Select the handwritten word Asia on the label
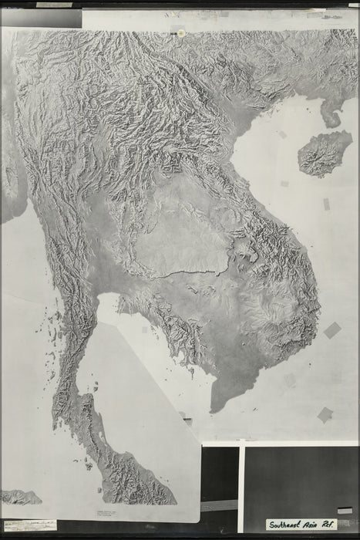tap(318, 524)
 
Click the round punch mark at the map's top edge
tap(181, 33)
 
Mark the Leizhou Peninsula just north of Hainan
tap(331, 116)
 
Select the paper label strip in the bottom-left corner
tap(29, 525)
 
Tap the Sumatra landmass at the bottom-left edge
tap(19, 497)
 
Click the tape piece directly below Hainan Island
tap(325, 204)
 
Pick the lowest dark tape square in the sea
tap(325, 414)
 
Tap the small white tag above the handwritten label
tap(345, 510)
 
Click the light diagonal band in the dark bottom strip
tap(220, 505)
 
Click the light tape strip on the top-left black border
tap(54, 5)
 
